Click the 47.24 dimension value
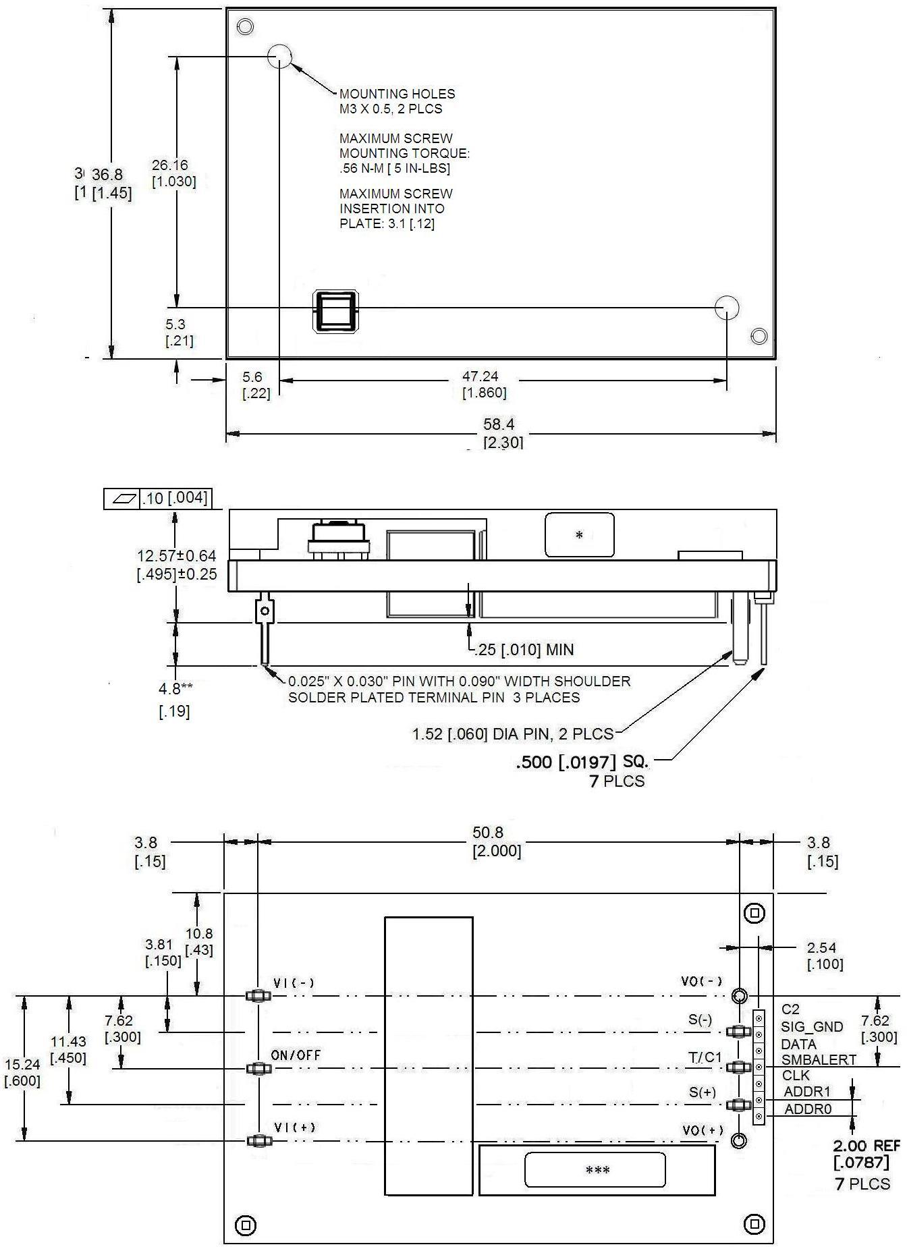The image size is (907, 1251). click(480, 377)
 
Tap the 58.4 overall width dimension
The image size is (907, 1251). click(498, 424)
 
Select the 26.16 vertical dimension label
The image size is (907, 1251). click(169, 165)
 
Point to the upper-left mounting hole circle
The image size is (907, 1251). click(279, 57)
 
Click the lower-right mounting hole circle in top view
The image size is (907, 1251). click(727, 308)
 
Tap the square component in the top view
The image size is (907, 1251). click(335, 312)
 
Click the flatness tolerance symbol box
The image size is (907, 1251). click(121, 499)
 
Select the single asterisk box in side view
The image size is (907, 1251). click(579, 535)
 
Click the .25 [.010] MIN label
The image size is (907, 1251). click(524, 650)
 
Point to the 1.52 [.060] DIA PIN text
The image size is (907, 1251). click(512, 733)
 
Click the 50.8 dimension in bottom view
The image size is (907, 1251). click(488, 833)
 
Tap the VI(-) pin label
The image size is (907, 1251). click(294, 983)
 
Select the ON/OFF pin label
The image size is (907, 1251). click(296, 1055)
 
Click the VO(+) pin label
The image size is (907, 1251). click(703, 1130)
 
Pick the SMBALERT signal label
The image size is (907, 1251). click(818, 1059)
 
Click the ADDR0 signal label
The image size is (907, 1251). click(807, 1109)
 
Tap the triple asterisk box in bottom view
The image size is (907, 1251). click(597, 1170)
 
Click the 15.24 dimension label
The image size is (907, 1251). click(22, 1064)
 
